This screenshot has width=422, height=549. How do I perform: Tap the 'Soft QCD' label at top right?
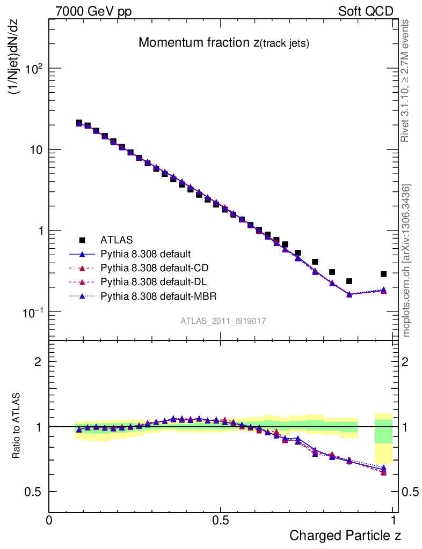click(x=366, y=12)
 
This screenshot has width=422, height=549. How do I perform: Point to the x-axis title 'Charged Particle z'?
click(x=345, y=535)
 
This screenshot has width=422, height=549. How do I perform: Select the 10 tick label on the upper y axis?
click(x=35, y=150)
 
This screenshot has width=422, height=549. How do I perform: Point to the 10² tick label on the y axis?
click(x=33, y=68)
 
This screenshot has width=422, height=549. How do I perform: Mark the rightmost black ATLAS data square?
click(x=384, y=274)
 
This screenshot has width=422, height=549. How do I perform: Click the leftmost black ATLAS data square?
click(x=79, y=123)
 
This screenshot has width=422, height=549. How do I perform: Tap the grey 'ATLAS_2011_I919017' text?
click(x=223, y=321)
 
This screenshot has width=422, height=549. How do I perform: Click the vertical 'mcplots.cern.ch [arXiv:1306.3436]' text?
click(x=406, y=261)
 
